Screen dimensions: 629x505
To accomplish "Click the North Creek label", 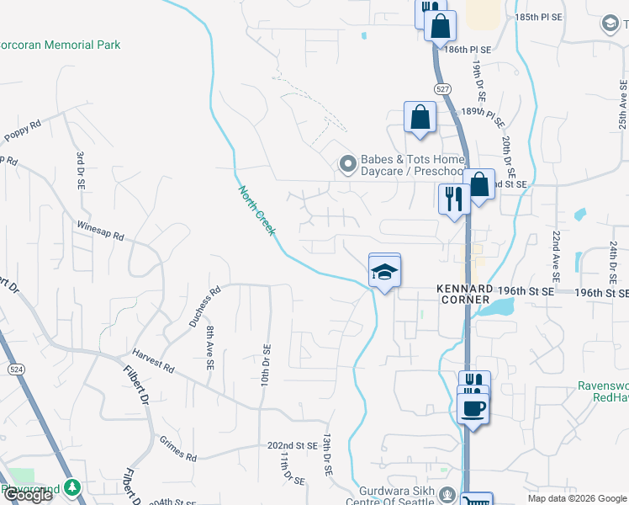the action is click(x=256, y=210).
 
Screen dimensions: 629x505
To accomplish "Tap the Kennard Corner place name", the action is click(x=462, y=294).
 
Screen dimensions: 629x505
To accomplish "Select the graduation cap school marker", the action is click(x=384, y=272).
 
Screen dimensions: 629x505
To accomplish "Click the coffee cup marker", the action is click(x=473, y=408).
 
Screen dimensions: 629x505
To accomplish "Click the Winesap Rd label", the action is click(x=100, y=231).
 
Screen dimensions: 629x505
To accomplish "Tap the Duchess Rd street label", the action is click(x=203, y=306).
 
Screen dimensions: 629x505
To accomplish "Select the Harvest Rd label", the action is click(x=152, y=362).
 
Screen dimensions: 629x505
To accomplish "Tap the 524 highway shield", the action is click(x=16, y=369).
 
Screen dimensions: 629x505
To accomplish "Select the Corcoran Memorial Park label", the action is click(x=61, y=45).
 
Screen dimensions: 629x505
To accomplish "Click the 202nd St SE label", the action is click(x=293, y=445).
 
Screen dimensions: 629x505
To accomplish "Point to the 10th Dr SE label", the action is click(x=265, y=365).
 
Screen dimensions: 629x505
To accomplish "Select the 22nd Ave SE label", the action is click(x=556, y=256).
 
